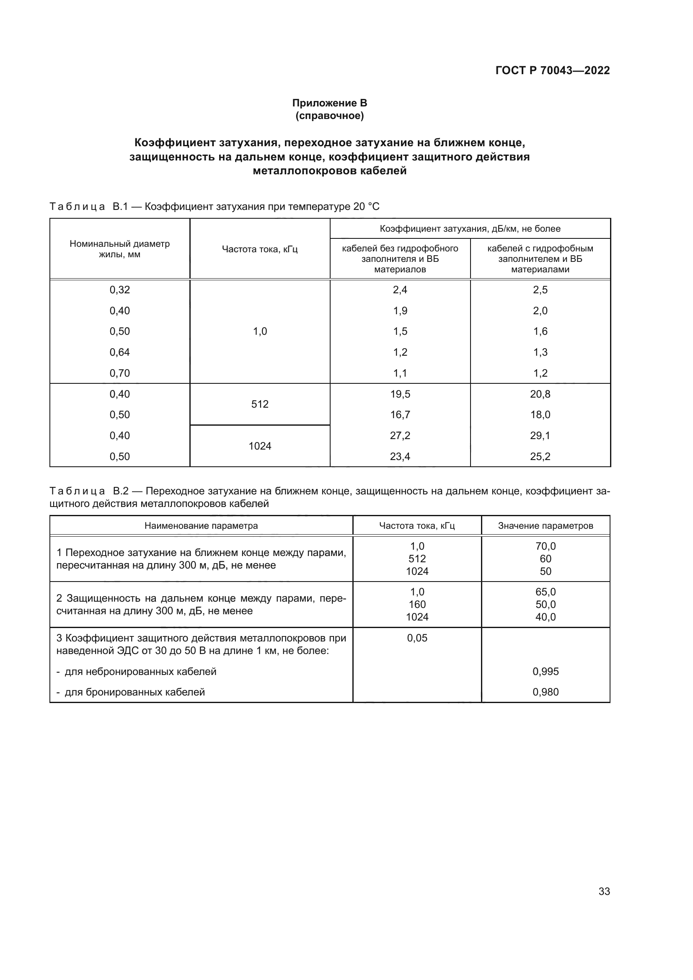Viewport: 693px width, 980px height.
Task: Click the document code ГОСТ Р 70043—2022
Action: tap(553, 70)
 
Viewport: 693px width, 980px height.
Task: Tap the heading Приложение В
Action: tap(329, 103)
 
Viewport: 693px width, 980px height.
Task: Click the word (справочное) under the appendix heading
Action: tap(329, 116)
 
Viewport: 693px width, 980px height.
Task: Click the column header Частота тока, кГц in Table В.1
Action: tap(259, 249)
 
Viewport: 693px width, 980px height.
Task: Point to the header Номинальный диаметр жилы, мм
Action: tap(119, 249)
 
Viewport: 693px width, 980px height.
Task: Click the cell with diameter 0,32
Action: tap(119, 290)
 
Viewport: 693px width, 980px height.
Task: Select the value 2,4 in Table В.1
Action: tap(400, 290)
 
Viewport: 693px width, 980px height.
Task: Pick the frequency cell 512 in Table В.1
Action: tap(259, 404)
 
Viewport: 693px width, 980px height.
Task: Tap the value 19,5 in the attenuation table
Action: tap(400, 394)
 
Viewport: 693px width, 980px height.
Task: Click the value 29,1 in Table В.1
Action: tap(540, 435)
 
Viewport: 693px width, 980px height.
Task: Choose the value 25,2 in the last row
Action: tap(540, 456)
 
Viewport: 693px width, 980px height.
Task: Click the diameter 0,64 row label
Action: tap(119, 352)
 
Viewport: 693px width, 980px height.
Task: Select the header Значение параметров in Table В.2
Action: tap(546, 526)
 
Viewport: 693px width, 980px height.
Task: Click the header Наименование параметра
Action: tap(201, 526)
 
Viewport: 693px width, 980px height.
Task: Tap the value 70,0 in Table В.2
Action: tap(546, 546)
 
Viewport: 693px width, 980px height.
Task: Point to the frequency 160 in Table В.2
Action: tap(417, 605)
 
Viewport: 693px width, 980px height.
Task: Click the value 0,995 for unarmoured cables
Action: tap(546, 671)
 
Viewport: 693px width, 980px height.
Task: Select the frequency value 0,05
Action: tap(417, 638)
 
